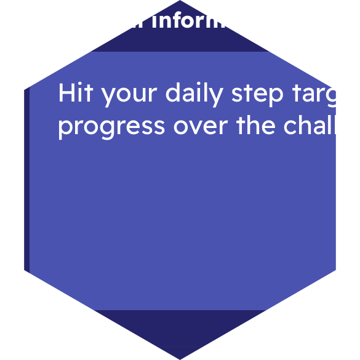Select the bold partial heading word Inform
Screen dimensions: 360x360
(191, 20)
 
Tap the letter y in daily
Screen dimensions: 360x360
(217, 97)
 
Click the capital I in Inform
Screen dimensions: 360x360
(154, 20)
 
